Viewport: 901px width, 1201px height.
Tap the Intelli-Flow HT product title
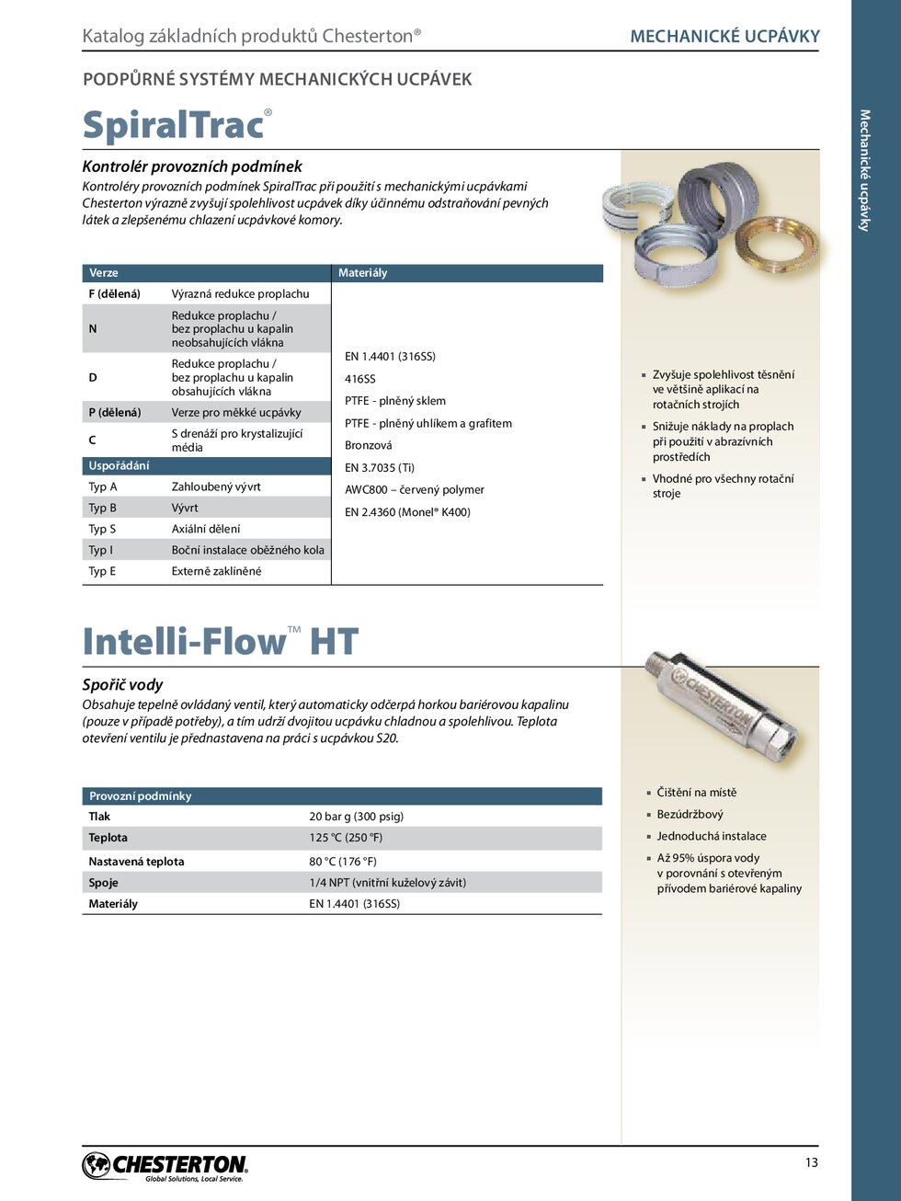220,642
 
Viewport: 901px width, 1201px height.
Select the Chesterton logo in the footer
165,1166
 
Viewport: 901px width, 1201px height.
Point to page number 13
811,1162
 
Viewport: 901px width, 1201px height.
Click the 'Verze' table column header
104,273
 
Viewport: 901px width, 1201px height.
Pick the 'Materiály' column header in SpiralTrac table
363,273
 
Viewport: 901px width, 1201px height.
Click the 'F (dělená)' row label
114,294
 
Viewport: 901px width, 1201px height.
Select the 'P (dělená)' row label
115,413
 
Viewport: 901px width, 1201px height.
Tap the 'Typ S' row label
102,529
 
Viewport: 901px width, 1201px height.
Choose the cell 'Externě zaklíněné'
216,571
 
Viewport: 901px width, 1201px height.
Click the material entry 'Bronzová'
369,445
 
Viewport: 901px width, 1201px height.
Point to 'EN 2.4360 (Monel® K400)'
407,512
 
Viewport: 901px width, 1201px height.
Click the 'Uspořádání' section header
119,466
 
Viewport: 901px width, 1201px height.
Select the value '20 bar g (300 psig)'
357,817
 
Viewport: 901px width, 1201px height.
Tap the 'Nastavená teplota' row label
136,862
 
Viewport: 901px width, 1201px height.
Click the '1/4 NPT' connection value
387,883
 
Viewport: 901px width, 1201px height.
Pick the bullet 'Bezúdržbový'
690,815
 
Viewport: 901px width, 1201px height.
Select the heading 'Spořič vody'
122,685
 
